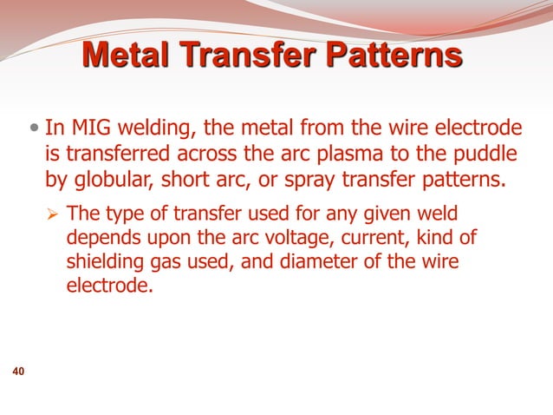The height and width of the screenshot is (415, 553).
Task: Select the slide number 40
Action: (x=17, y=372)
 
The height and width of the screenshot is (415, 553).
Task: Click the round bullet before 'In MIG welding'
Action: (x=33, y=130)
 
